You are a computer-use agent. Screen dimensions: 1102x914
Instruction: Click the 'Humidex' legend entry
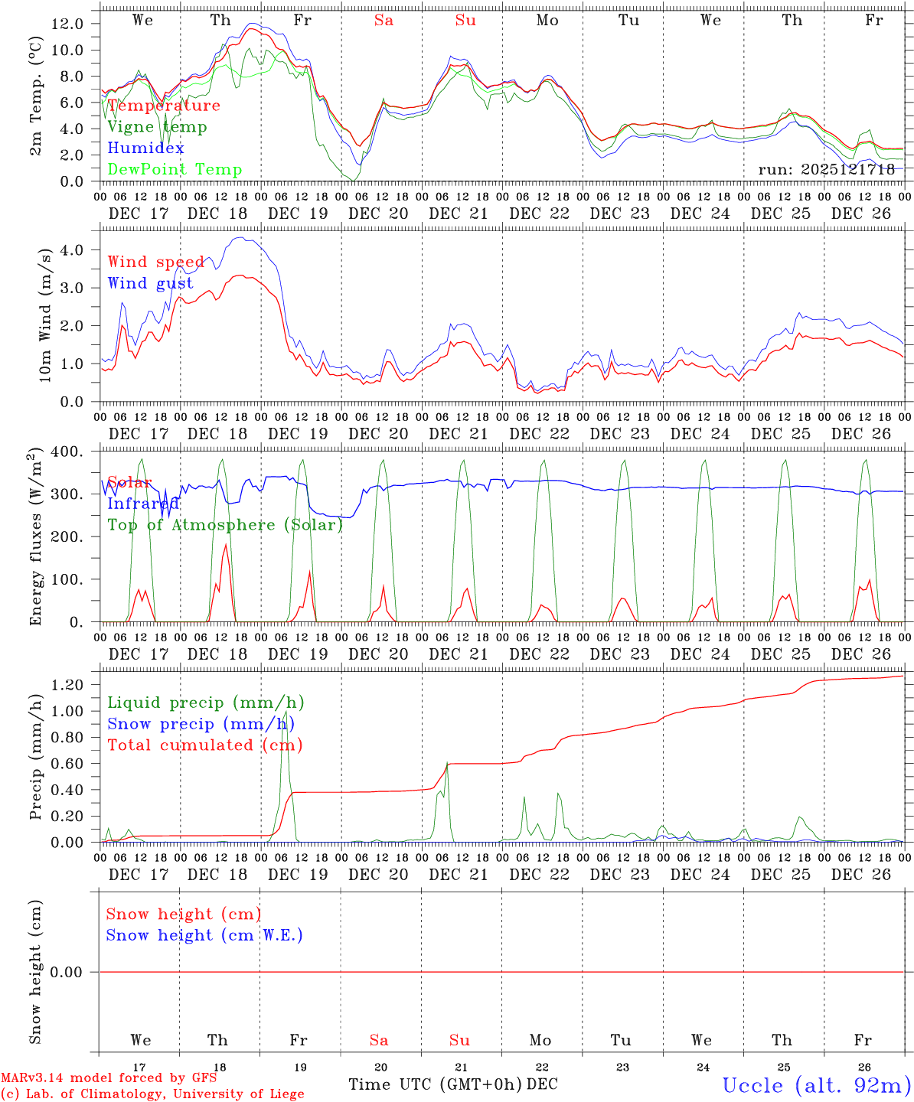[145, 148]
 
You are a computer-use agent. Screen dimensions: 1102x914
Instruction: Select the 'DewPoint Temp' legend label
[175, 169]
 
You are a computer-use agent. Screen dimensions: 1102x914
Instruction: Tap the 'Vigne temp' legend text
[157, 126]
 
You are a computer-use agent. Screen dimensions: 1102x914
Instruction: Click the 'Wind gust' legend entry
[150, 283]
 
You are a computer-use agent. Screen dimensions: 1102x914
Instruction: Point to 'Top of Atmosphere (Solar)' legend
[224, 525]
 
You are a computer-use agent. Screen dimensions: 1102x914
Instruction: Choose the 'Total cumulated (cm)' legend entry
[204, 745]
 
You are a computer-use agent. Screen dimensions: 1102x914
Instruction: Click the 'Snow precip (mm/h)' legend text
[201, 724]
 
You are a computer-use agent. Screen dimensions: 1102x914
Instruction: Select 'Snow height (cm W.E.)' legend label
[204, 935]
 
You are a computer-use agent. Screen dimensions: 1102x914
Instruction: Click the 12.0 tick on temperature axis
[67, 24]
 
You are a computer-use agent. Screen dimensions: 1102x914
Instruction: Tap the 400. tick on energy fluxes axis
[67, 452]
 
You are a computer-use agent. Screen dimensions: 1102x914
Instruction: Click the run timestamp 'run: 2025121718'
[826, 169]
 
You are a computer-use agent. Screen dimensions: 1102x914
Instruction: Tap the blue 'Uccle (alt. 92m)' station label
[816, 1085]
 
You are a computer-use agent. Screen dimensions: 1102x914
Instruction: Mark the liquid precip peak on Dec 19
[286, 712]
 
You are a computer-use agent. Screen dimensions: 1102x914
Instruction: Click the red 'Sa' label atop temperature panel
[384, 21]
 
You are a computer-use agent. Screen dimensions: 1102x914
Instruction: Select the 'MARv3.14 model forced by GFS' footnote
[109, 1078]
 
